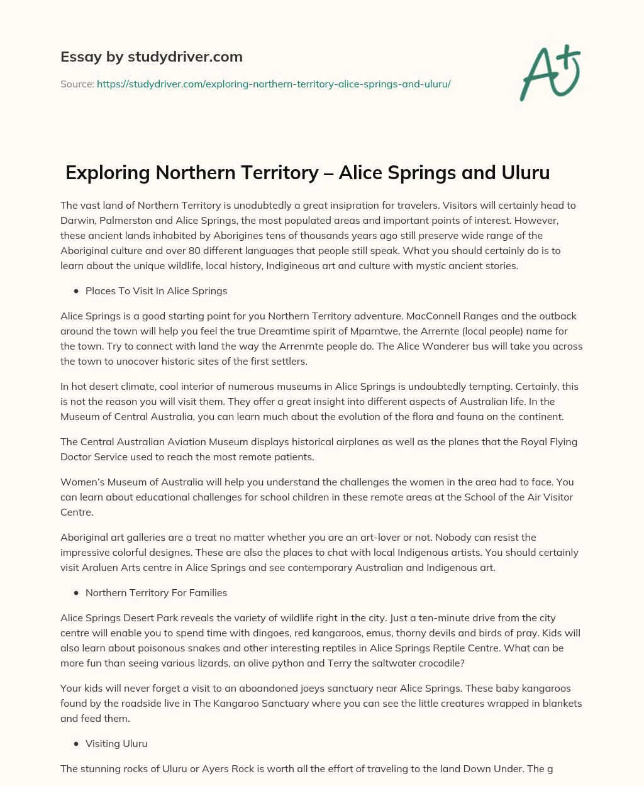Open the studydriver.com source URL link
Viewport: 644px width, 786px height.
[274, 84]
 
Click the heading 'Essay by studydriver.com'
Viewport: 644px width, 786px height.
[151, 57]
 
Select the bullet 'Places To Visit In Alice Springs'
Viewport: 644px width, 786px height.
[156, 291]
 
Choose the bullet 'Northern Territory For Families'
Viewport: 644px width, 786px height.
[156, 592]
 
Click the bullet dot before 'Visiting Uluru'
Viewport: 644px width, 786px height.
[76, 744]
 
